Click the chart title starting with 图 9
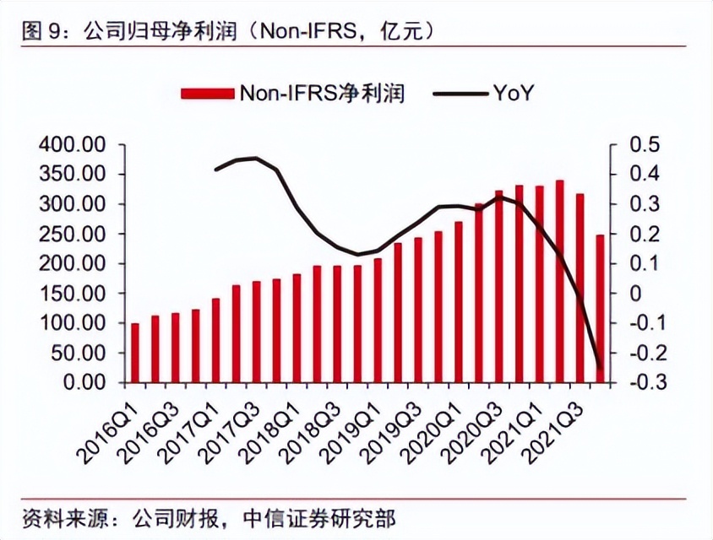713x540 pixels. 228,31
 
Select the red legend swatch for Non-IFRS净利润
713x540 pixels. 207,92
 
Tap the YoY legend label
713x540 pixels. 513,92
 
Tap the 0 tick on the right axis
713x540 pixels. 635,293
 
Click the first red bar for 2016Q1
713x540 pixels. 135,353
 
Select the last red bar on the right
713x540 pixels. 601,308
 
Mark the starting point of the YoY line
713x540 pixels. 216,170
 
